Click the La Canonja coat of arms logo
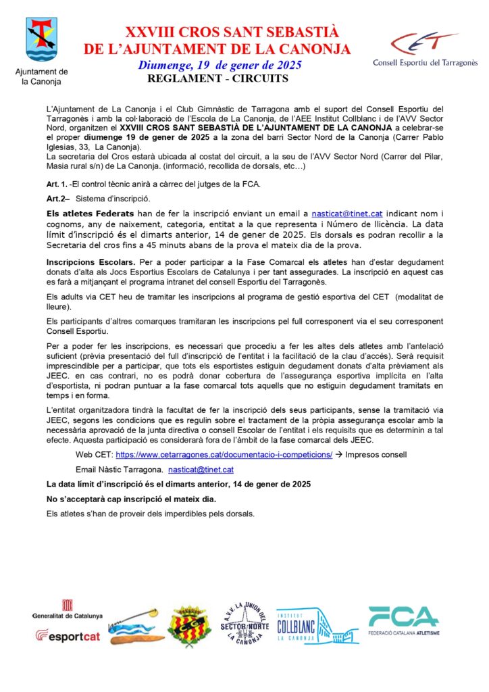click(41, 40)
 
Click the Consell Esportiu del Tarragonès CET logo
click(425, 48)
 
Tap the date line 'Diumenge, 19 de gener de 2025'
click(220, 66)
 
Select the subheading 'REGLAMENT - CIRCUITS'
click(217, 78)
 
